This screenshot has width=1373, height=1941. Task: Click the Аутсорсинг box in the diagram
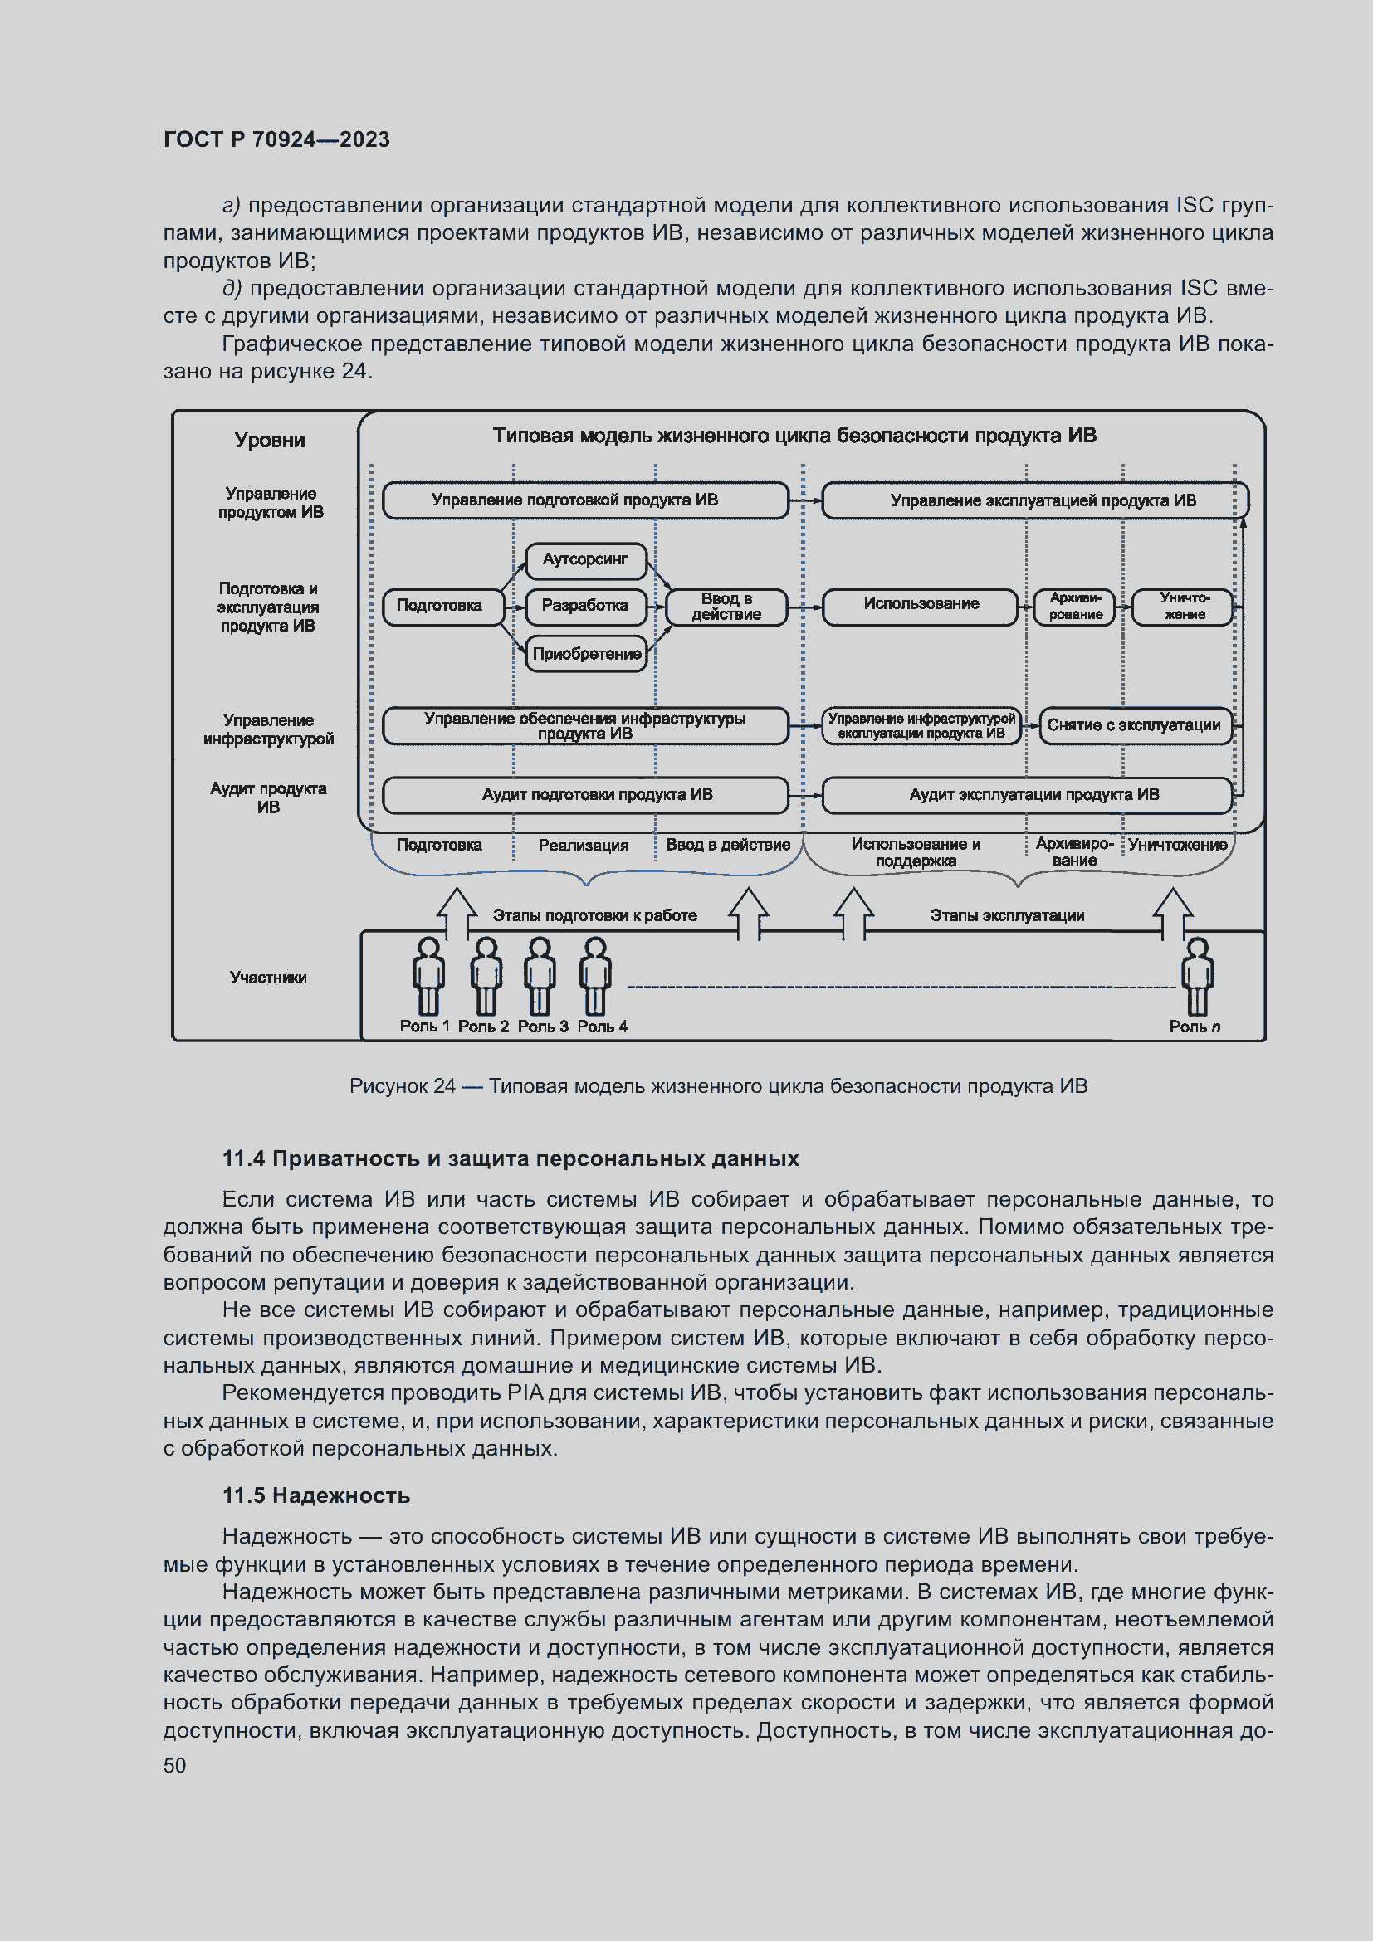[585, 560]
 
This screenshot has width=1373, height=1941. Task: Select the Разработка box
[585, 606]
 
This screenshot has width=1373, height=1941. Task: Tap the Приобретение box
[586, 653]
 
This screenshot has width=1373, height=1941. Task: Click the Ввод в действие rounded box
[726, 607]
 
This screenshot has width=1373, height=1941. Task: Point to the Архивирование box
[1074, 606]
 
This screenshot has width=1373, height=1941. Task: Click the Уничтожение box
[1183, 606]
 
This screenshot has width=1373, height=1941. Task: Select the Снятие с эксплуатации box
[1134, 725]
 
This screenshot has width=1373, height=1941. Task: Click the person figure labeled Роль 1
[428, 976]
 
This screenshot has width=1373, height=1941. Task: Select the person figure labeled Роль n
[1196, 976]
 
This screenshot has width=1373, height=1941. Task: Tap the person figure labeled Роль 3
[540, 976]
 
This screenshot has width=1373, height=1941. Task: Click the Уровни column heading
[270, 441]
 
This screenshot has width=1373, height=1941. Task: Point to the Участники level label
[268, 978]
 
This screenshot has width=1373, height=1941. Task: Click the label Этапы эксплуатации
[1006, 915]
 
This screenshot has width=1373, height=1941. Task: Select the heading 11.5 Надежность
[316, 1495]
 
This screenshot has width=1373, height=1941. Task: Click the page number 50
[175, 1766]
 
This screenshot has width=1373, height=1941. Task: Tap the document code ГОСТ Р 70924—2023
[276, 139]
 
